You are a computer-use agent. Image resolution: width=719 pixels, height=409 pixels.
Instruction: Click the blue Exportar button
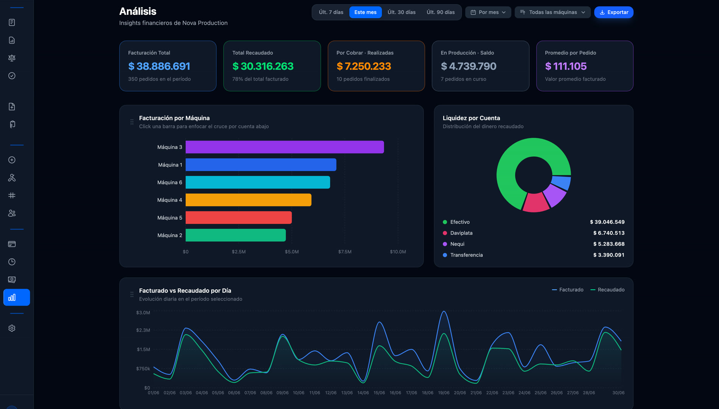click(613, 12)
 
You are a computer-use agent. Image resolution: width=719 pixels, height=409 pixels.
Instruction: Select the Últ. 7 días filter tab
click(331, 12)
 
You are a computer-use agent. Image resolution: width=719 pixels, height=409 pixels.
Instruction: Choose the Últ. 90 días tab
click(440, 12)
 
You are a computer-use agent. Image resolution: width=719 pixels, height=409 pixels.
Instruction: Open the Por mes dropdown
click(488, 12)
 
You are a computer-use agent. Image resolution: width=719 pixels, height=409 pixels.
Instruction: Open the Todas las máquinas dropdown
click(552, 12)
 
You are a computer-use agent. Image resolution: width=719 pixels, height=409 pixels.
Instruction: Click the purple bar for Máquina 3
click(285, 147)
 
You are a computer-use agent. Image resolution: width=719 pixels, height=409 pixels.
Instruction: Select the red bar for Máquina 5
click(238, 217)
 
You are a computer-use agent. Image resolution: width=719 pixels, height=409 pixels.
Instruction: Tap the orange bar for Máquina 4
click(248, 200)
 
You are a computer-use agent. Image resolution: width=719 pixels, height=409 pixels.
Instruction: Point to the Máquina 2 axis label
click(170, 235)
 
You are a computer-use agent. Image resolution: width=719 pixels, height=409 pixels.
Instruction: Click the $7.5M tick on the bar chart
click(345, 251)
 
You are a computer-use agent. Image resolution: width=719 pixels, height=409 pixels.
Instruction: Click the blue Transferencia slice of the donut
click(562, 182)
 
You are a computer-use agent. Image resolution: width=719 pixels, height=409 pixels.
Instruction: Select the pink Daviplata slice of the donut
click(535, 203)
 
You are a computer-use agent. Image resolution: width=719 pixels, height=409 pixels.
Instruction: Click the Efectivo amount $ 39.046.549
click(607, 222)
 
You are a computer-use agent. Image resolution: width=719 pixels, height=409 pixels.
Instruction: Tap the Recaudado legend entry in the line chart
click(607, 290)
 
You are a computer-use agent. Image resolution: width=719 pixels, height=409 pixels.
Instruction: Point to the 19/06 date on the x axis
click(444, 393)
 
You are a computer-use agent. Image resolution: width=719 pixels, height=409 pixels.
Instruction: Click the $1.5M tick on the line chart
click(143, 349)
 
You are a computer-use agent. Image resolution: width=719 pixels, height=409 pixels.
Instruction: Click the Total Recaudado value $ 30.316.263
click(263, 66)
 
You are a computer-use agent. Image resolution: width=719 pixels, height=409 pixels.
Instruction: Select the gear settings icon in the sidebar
click(12, 328)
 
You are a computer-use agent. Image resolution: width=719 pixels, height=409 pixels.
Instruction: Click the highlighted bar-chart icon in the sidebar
click(17, 297)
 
